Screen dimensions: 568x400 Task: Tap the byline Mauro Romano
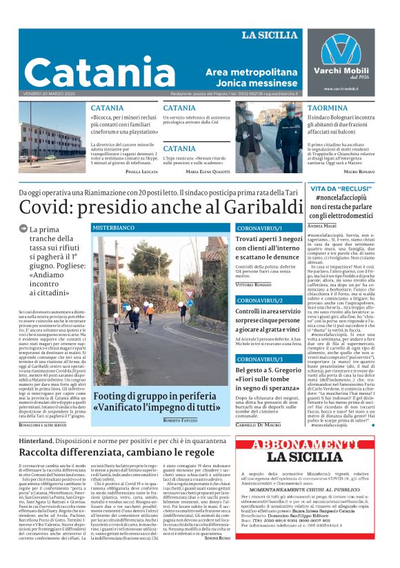click(x=359, y=170)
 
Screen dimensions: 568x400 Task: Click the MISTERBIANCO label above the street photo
click(x=114, y=227)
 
